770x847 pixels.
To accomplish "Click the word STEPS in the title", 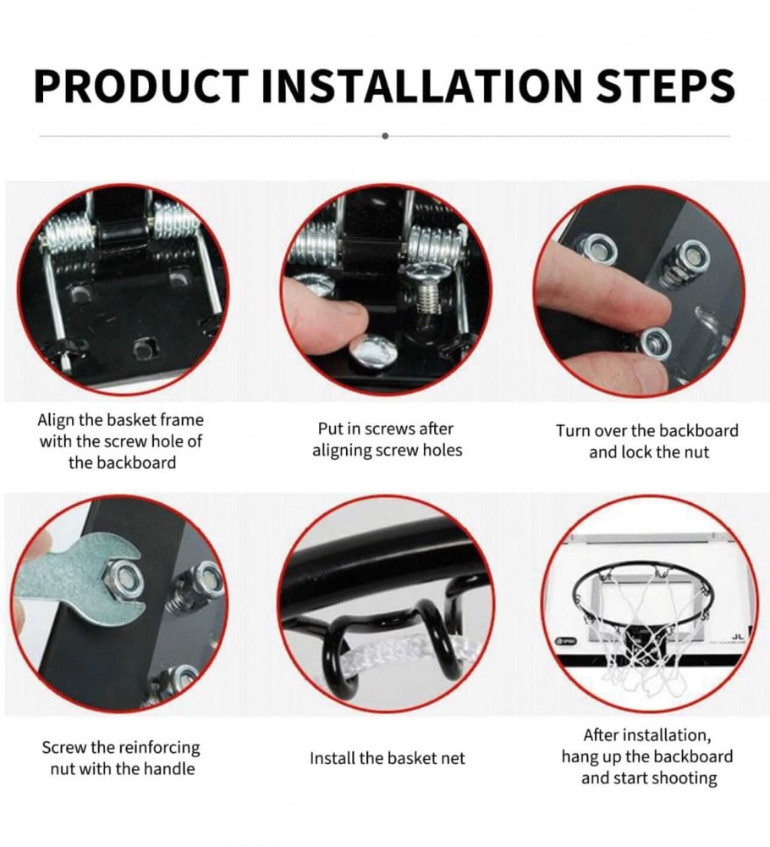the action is [x=665, y=86].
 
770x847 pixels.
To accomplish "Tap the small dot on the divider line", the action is [x=385, y=136].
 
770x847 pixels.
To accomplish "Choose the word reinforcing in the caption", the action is [x=158, y=748].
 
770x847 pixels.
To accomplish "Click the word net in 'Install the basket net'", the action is [x=452, y=759].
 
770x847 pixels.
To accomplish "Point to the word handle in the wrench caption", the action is [x=168, y=769].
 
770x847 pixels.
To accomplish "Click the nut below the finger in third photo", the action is [x=656, y=343].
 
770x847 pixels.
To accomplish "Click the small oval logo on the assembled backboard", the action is [x=567, y=640].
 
